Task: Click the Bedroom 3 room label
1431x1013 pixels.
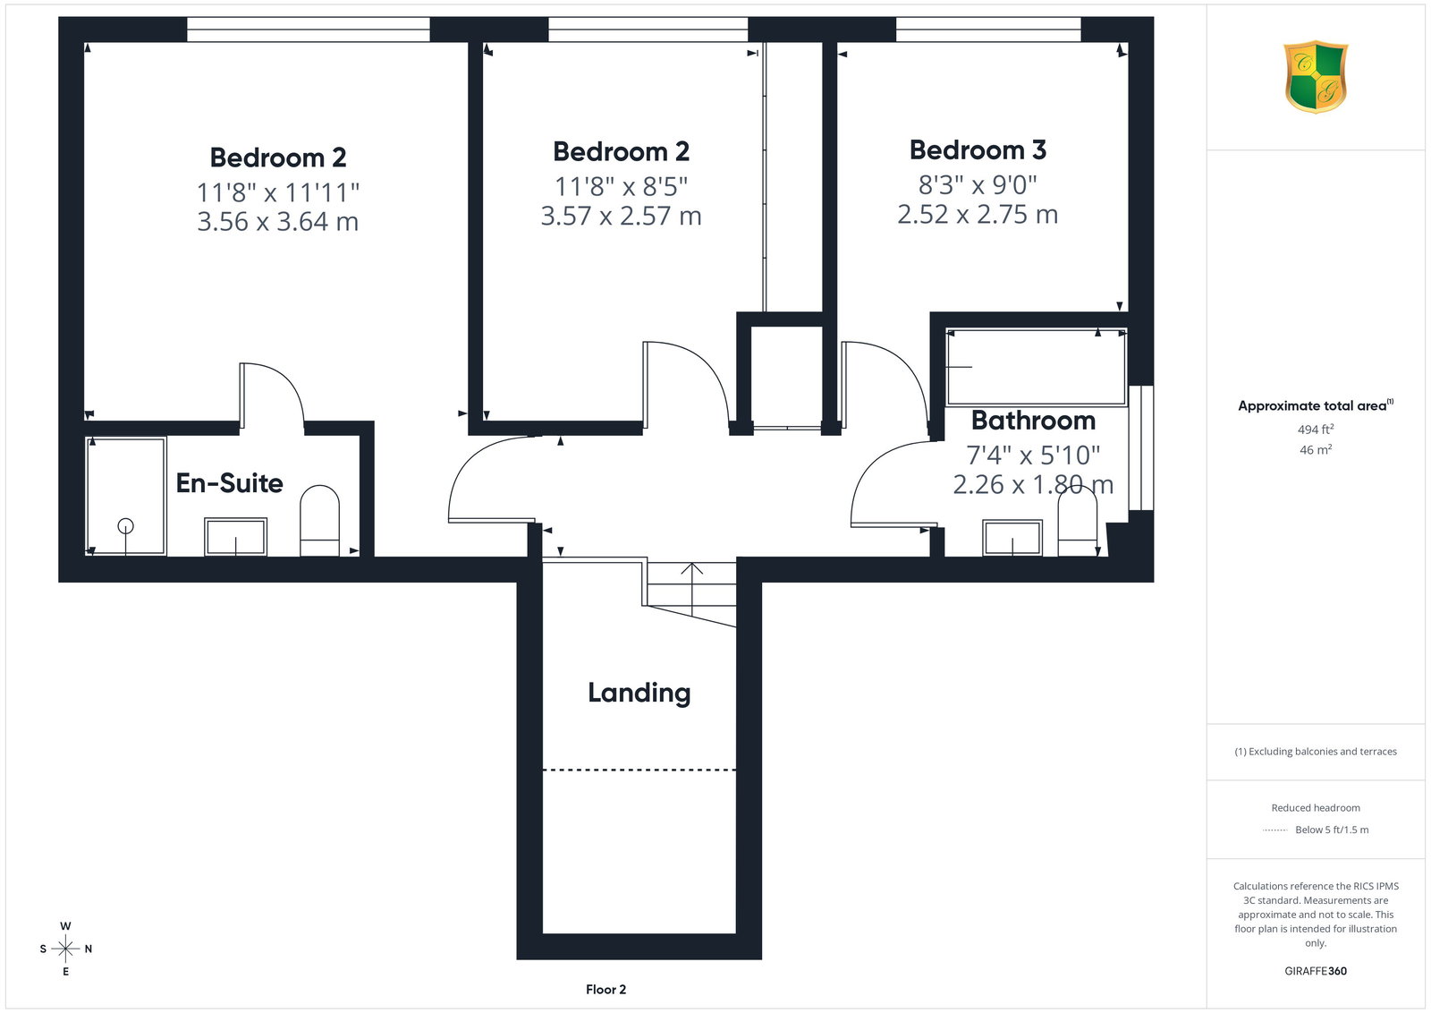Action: pyautogui.click(x=978, y=150)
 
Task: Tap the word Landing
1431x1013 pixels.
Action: pyautogui.click(x=639, y=694)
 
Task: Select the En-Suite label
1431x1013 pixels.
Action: pyautogui.click(x=229, y=483)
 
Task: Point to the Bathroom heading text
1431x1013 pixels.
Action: pyautogui.click(x=1033, y=421)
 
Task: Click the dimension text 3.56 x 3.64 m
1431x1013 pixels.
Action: pyautogui.click(x=278, y=222)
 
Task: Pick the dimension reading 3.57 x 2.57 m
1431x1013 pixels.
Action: pyautogui.click(x=621, y=216)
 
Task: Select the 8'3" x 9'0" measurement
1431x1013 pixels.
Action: pyautogui.click(x=978, y=184)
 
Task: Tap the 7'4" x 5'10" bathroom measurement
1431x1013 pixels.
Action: pyautogui.click(x=1033, y=455)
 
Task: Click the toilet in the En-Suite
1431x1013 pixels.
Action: pyautogui.click(x=319, y=521)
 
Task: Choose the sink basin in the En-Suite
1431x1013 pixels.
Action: pyautogui.click(x=236, y=537)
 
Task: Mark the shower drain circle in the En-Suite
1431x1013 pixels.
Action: pyautogui.click(x=126, y=526)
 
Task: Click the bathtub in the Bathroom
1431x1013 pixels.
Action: pyautogui.click(x=1036, y=368)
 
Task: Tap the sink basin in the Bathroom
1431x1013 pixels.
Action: pyautogui.click(x=1012, y=538)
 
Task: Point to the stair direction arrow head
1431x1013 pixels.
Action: pyautogui.click(x=692, y=568)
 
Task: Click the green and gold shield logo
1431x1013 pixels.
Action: pyautogui.click(x=1316, y=77)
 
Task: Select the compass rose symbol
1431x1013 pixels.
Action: pyautogui.click(x=66, y=949)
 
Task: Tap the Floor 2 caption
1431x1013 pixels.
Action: pyautogui.click(x=605, y=990)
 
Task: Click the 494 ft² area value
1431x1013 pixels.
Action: pyautogui.click(x=1316, y=430)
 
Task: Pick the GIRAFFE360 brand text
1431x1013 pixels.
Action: pyautogui.click(x=1316, y=971)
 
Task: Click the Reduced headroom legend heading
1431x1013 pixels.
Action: pyautogui.click(x=1316, y=808)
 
